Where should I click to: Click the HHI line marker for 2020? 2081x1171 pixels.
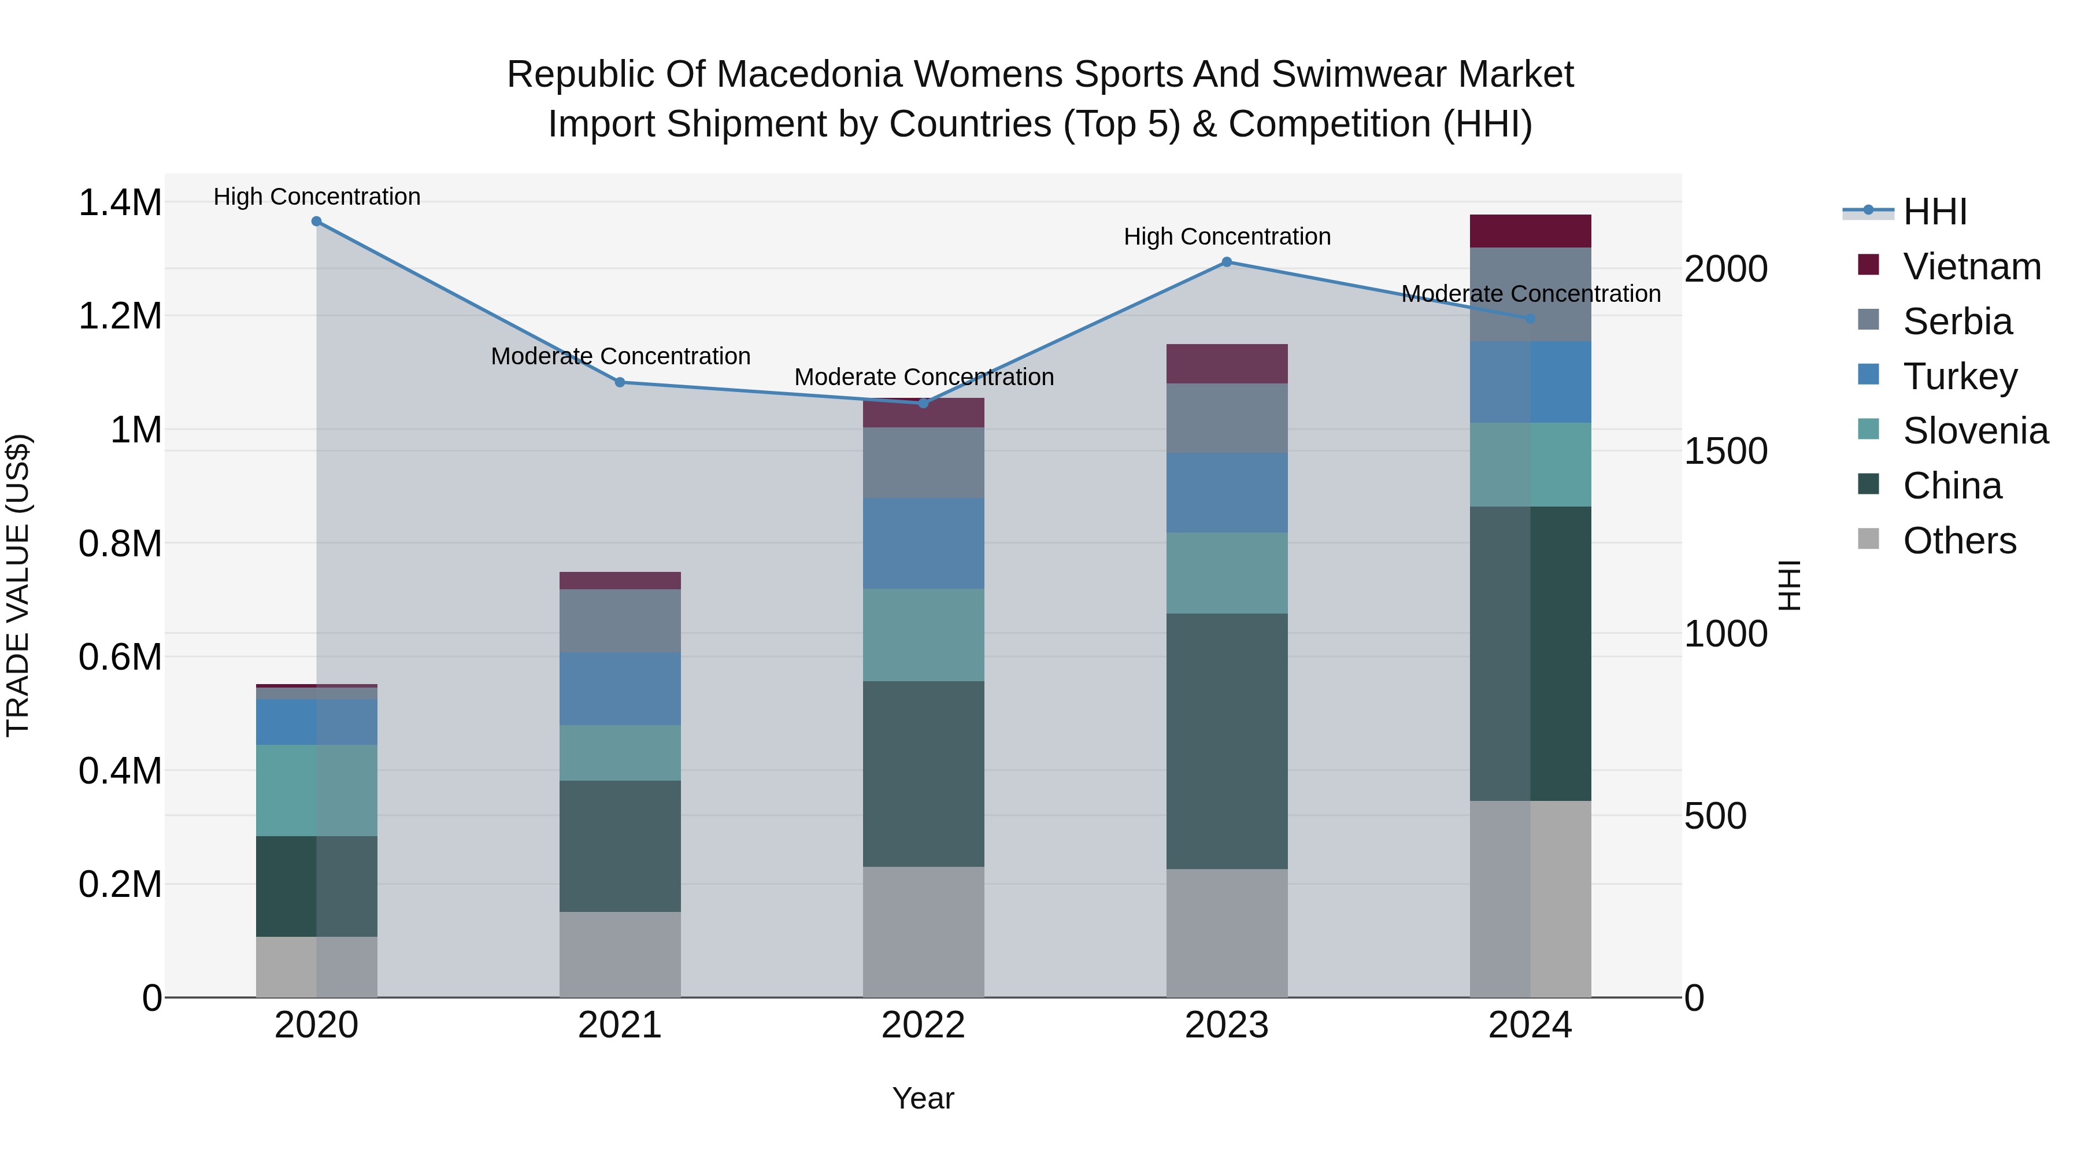coord(317,221)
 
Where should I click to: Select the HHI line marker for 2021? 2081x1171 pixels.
coord(620,382)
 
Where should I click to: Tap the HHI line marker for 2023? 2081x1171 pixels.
coord(1226,262)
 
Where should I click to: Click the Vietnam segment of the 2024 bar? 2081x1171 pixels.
coord(1530,231)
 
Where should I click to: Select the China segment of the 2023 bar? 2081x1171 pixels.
coord(1226,741)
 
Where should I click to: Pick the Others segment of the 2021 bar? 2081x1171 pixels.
coord(620,954)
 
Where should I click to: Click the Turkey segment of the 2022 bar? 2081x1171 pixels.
coord(923,543)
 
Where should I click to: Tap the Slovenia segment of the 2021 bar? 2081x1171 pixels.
coord(620,752)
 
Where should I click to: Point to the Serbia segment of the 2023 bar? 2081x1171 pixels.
coord(1226,418)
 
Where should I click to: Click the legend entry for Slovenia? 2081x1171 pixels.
coord(1975,431)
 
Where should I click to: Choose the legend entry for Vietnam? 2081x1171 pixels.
coord(1971,267)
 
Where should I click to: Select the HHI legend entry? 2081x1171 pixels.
coord(1934,212)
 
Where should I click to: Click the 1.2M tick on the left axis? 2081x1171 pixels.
coord(120,316)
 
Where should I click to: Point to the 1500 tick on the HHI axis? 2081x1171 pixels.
coord(1725,451)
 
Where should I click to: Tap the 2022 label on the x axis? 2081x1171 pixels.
coord(923,1025)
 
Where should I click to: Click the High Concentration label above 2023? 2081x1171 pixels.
coord(1226,237)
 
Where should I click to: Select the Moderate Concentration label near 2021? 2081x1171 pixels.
coord(620,356)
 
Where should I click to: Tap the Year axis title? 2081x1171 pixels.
coord(923,1098)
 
